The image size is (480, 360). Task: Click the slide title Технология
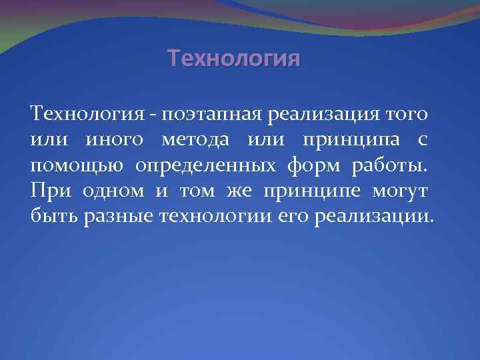coord(234,59)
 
